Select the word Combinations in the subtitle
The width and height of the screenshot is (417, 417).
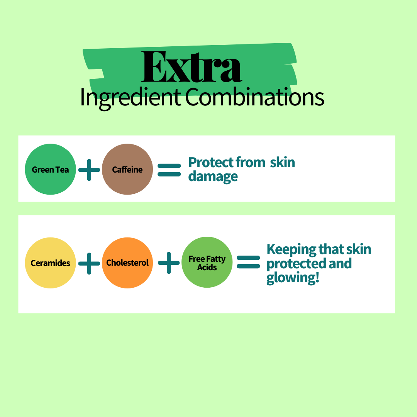pyautogui.click(x=255, y=98)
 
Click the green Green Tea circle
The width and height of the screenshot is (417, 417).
pyautogui.click(x=50, y=169)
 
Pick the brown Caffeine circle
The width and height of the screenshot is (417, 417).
pyautogui.click(x=127, y=169)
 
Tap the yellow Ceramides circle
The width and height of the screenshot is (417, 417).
pyautogui.click(x=50, y=263)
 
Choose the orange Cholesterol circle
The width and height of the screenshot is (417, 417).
pyautogui.click(x=127, y=263)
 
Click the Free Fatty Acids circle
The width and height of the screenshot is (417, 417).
pyautogui.click(x=207, y=263)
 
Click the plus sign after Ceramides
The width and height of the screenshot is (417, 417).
pyautogui.click(x=89, y=263)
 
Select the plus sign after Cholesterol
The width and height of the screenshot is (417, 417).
pyautogui.click(x=169, y=263)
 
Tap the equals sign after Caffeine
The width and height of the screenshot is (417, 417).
pyautogui.click(x=169, y=170)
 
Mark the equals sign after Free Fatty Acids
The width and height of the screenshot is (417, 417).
pyautogui.click(x=248, y=263)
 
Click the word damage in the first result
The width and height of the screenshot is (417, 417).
pyautogui.click(x=213, y=177)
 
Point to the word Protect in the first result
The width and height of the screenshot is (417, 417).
pyautogui.click(x=211, y=163)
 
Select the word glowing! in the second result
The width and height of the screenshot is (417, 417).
pyautogui.click(x=293, y=278)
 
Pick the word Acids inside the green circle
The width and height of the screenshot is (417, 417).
pyautogui.click(x=207, y=267)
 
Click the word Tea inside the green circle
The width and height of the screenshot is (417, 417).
pyautogui.click(x=62, y=170)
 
